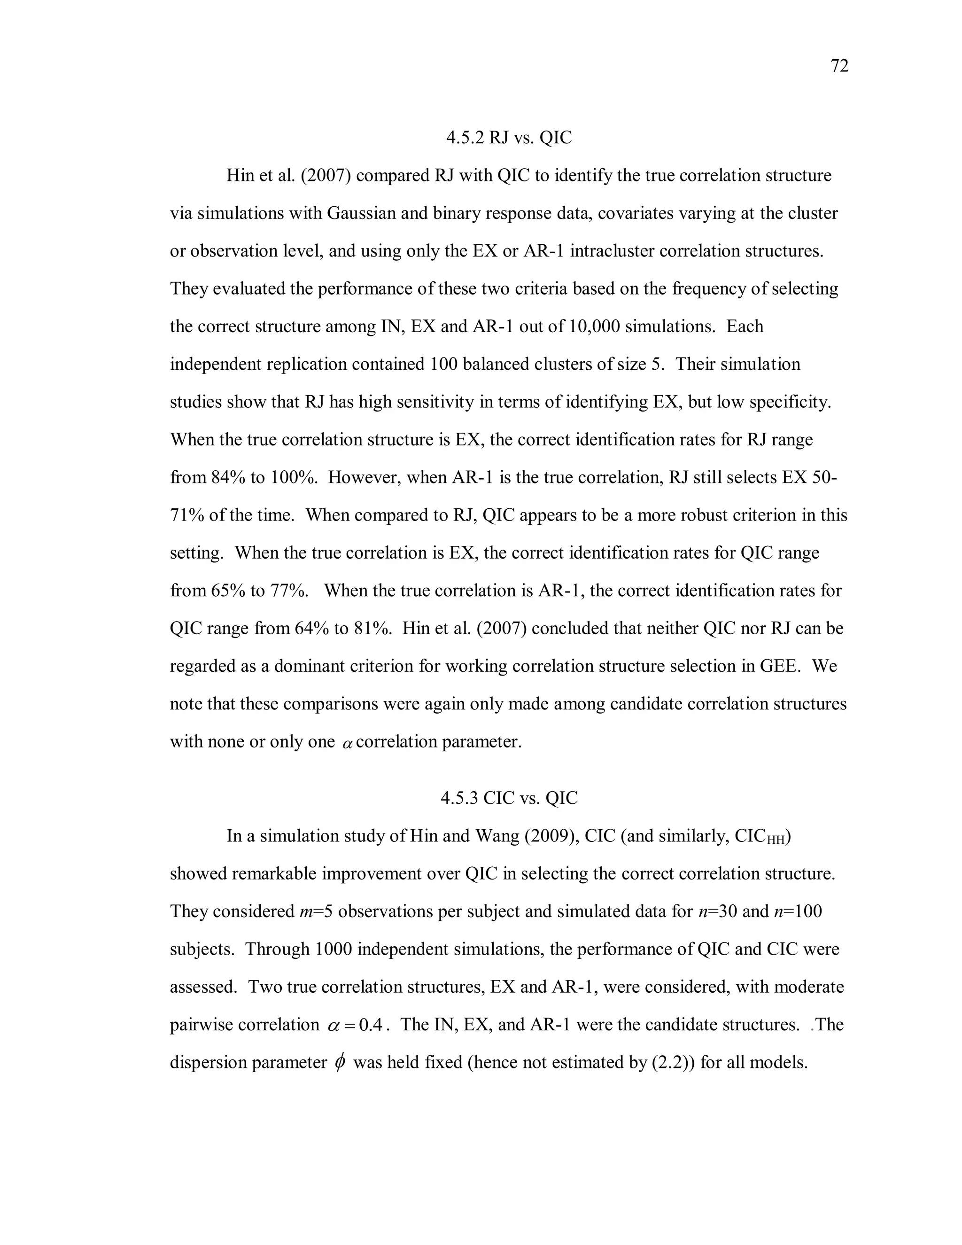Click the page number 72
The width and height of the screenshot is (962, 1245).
(839, 66)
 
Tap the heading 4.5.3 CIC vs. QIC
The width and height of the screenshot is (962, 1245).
(508, 798)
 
